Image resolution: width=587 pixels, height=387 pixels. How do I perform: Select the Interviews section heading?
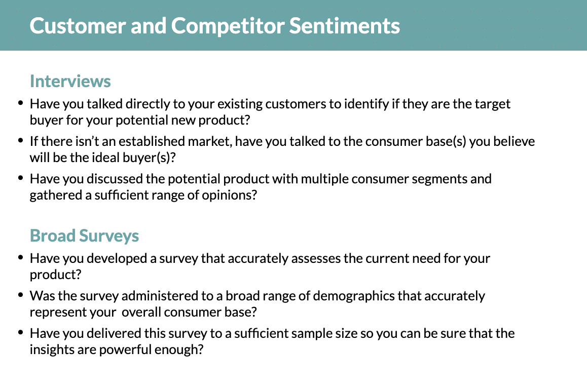point(70,81)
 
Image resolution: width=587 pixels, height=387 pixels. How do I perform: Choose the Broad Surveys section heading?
point(84,236)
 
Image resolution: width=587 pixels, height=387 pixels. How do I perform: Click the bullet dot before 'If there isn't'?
point(20,140)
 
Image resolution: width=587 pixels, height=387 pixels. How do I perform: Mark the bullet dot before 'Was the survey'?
point(20,294)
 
